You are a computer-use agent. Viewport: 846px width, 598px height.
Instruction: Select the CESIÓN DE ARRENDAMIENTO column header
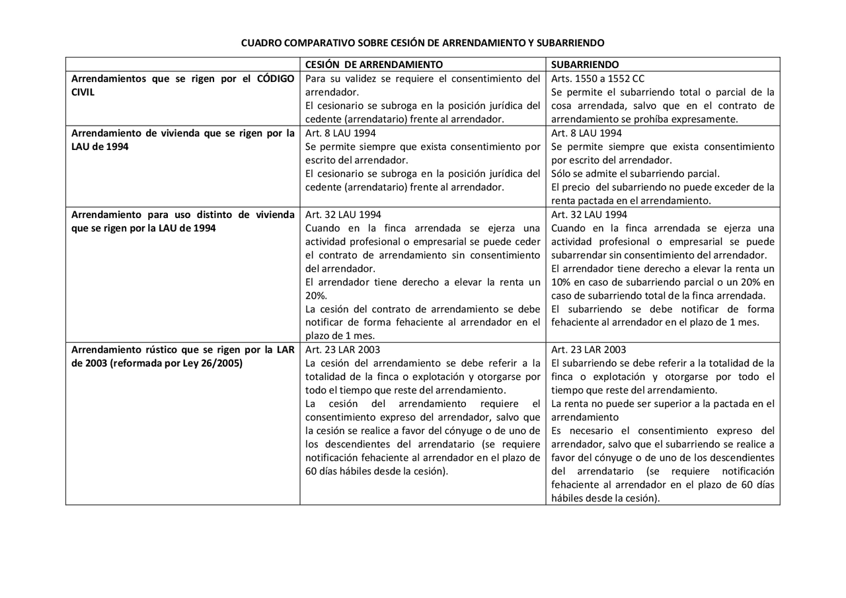click(374, 65)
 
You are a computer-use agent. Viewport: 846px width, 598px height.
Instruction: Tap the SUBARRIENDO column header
click(585, 65)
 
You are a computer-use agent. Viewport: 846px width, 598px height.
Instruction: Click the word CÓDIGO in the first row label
click(276, 79)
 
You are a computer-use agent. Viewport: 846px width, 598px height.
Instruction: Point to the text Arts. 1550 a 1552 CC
click(597, 79)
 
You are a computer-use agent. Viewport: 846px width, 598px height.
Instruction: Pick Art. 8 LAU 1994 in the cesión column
click(340, 133)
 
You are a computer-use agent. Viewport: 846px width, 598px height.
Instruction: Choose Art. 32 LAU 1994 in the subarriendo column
click(589, 215)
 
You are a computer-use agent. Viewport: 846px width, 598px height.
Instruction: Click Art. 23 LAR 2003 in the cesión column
click(342, 350)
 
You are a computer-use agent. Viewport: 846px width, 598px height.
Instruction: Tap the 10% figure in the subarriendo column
click(560, 282)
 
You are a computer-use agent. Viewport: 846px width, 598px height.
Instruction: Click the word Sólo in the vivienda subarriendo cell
click(562, 174)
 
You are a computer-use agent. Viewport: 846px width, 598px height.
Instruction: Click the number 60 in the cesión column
click(311, 472)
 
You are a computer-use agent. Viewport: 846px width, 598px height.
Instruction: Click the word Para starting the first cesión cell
click(315, 79)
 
